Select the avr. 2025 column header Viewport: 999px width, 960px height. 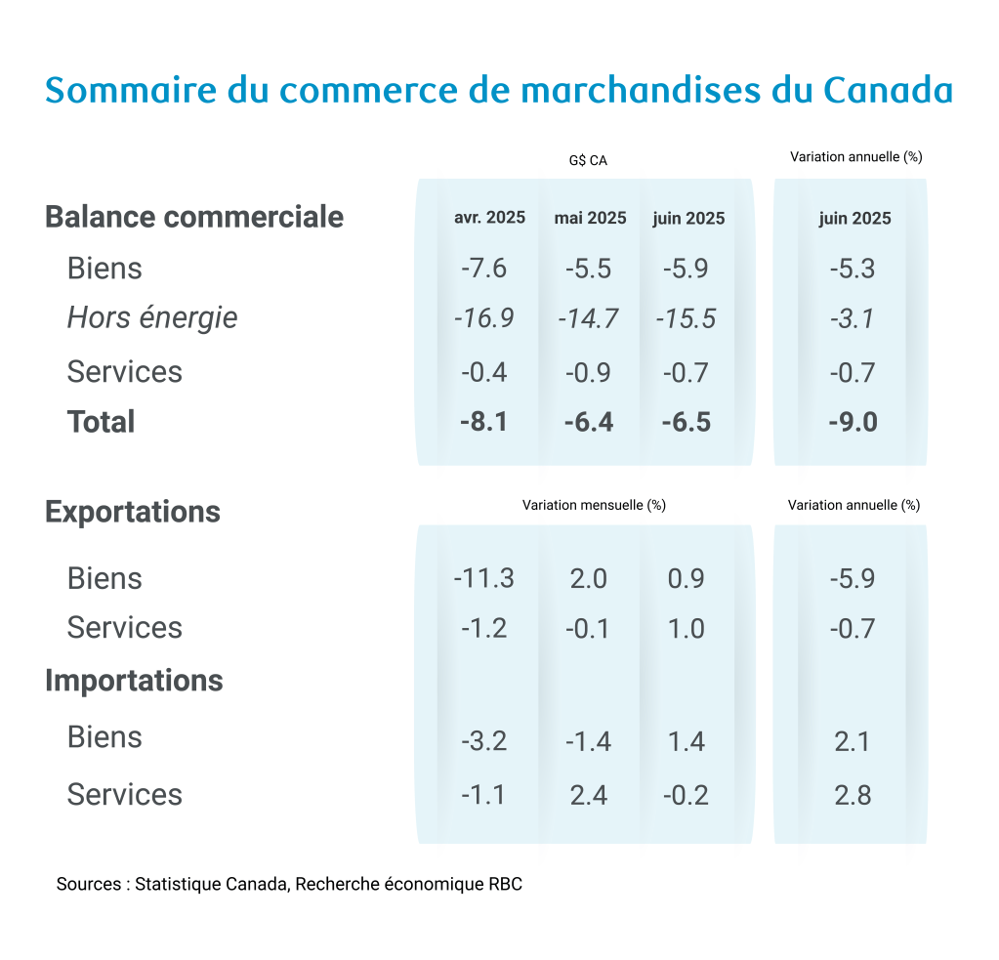tap(489, 218)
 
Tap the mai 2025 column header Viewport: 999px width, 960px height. tap(590, 218)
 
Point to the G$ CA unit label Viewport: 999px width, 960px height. tap(588, 160)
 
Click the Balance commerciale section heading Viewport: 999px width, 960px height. tap(194, 216)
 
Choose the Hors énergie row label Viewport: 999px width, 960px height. tap(151, 317)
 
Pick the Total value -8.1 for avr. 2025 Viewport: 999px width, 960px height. tap(484, 422)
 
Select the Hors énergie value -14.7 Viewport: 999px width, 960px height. tap(588, 318)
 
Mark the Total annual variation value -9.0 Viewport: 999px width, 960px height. tap(853, 422)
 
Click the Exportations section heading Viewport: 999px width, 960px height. tap(133, 512)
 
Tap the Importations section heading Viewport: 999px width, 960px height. tap(134, 680)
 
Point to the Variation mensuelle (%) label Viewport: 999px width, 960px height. tap(594, 505)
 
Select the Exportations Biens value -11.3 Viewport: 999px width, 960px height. tap(483, 578)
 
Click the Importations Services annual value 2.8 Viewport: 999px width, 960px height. tap(853, 795)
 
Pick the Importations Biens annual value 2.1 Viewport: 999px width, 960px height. tap(853, 741)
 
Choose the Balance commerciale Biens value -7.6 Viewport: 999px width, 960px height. tap(484, 269)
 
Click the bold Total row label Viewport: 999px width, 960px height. tap(101, 422)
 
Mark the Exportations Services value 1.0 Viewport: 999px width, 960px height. tap(686, 628)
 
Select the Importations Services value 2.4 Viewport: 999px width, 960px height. tap(588, 795)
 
